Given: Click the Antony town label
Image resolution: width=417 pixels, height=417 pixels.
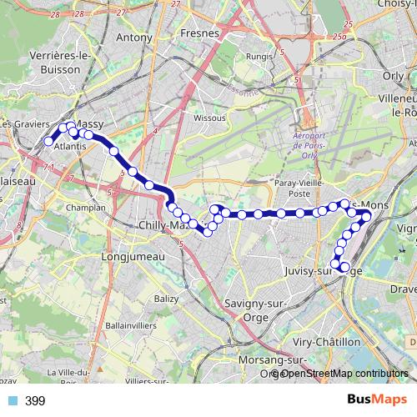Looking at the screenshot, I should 135,38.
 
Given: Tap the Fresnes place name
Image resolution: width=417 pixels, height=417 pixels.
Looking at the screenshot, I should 198,34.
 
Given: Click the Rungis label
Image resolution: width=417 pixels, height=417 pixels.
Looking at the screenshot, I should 259,57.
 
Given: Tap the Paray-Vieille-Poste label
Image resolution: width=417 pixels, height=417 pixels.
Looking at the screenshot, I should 299,187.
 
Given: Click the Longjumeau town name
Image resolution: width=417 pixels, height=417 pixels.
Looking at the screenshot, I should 126,258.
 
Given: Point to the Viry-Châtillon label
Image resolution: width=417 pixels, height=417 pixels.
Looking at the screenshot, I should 328,342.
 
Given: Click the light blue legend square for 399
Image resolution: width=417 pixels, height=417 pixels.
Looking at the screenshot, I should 12,401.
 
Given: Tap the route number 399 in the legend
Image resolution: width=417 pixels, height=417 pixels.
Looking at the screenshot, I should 35,401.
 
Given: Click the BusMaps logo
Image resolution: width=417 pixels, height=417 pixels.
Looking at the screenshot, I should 372,400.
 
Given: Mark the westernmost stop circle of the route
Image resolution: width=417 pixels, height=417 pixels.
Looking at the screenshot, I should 48,142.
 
